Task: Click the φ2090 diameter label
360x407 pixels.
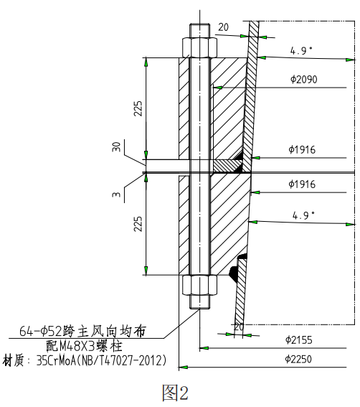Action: point(303,79)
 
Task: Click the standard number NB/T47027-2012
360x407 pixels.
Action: point(126,359)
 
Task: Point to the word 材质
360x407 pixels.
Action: point(16,359)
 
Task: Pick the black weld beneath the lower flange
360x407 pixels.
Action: point(233,272)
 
